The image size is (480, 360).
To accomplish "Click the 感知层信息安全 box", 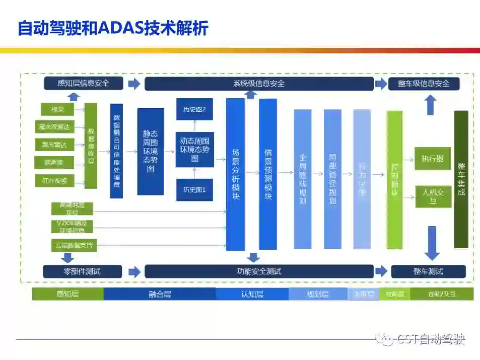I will pos(83,83).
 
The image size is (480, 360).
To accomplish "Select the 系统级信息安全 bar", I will pos(259,84).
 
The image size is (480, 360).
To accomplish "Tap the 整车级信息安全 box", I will pos(424,83).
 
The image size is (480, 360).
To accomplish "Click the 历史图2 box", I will pos(194,109).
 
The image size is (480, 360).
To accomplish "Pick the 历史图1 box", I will pos(194,190).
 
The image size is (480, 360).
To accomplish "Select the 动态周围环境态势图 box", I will pos(194,150).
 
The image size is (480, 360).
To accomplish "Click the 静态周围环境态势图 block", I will pos(151,151).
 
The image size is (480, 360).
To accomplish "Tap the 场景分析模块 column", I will pos(235,174).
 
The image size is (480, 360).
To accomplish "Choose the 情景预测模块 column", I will pos(268,174).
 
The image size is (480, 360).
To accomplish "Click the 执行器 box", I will pos(433,159).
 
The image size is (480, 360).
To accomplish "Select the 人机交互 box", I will pos(433,196).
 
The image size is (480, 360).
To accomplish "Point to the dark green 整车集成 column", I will pos(461,179).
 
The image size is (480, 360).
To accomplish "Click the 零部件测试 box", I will pos(82,272).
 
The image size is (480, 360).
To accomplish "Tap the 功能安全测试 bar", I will pos(259,272).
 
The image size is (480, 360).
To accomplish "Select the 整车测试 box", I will pos(428,272).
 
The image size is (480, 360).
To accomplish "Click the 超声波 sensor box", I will pos(55,162).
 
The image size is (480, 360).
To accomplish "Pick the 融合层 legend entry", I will pos(160,294).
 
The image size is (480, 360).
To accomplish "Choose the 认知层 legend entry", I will pos(252,294).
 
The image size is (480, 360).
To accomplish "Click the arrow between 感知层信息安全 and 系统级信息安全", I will pos(134,84).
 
